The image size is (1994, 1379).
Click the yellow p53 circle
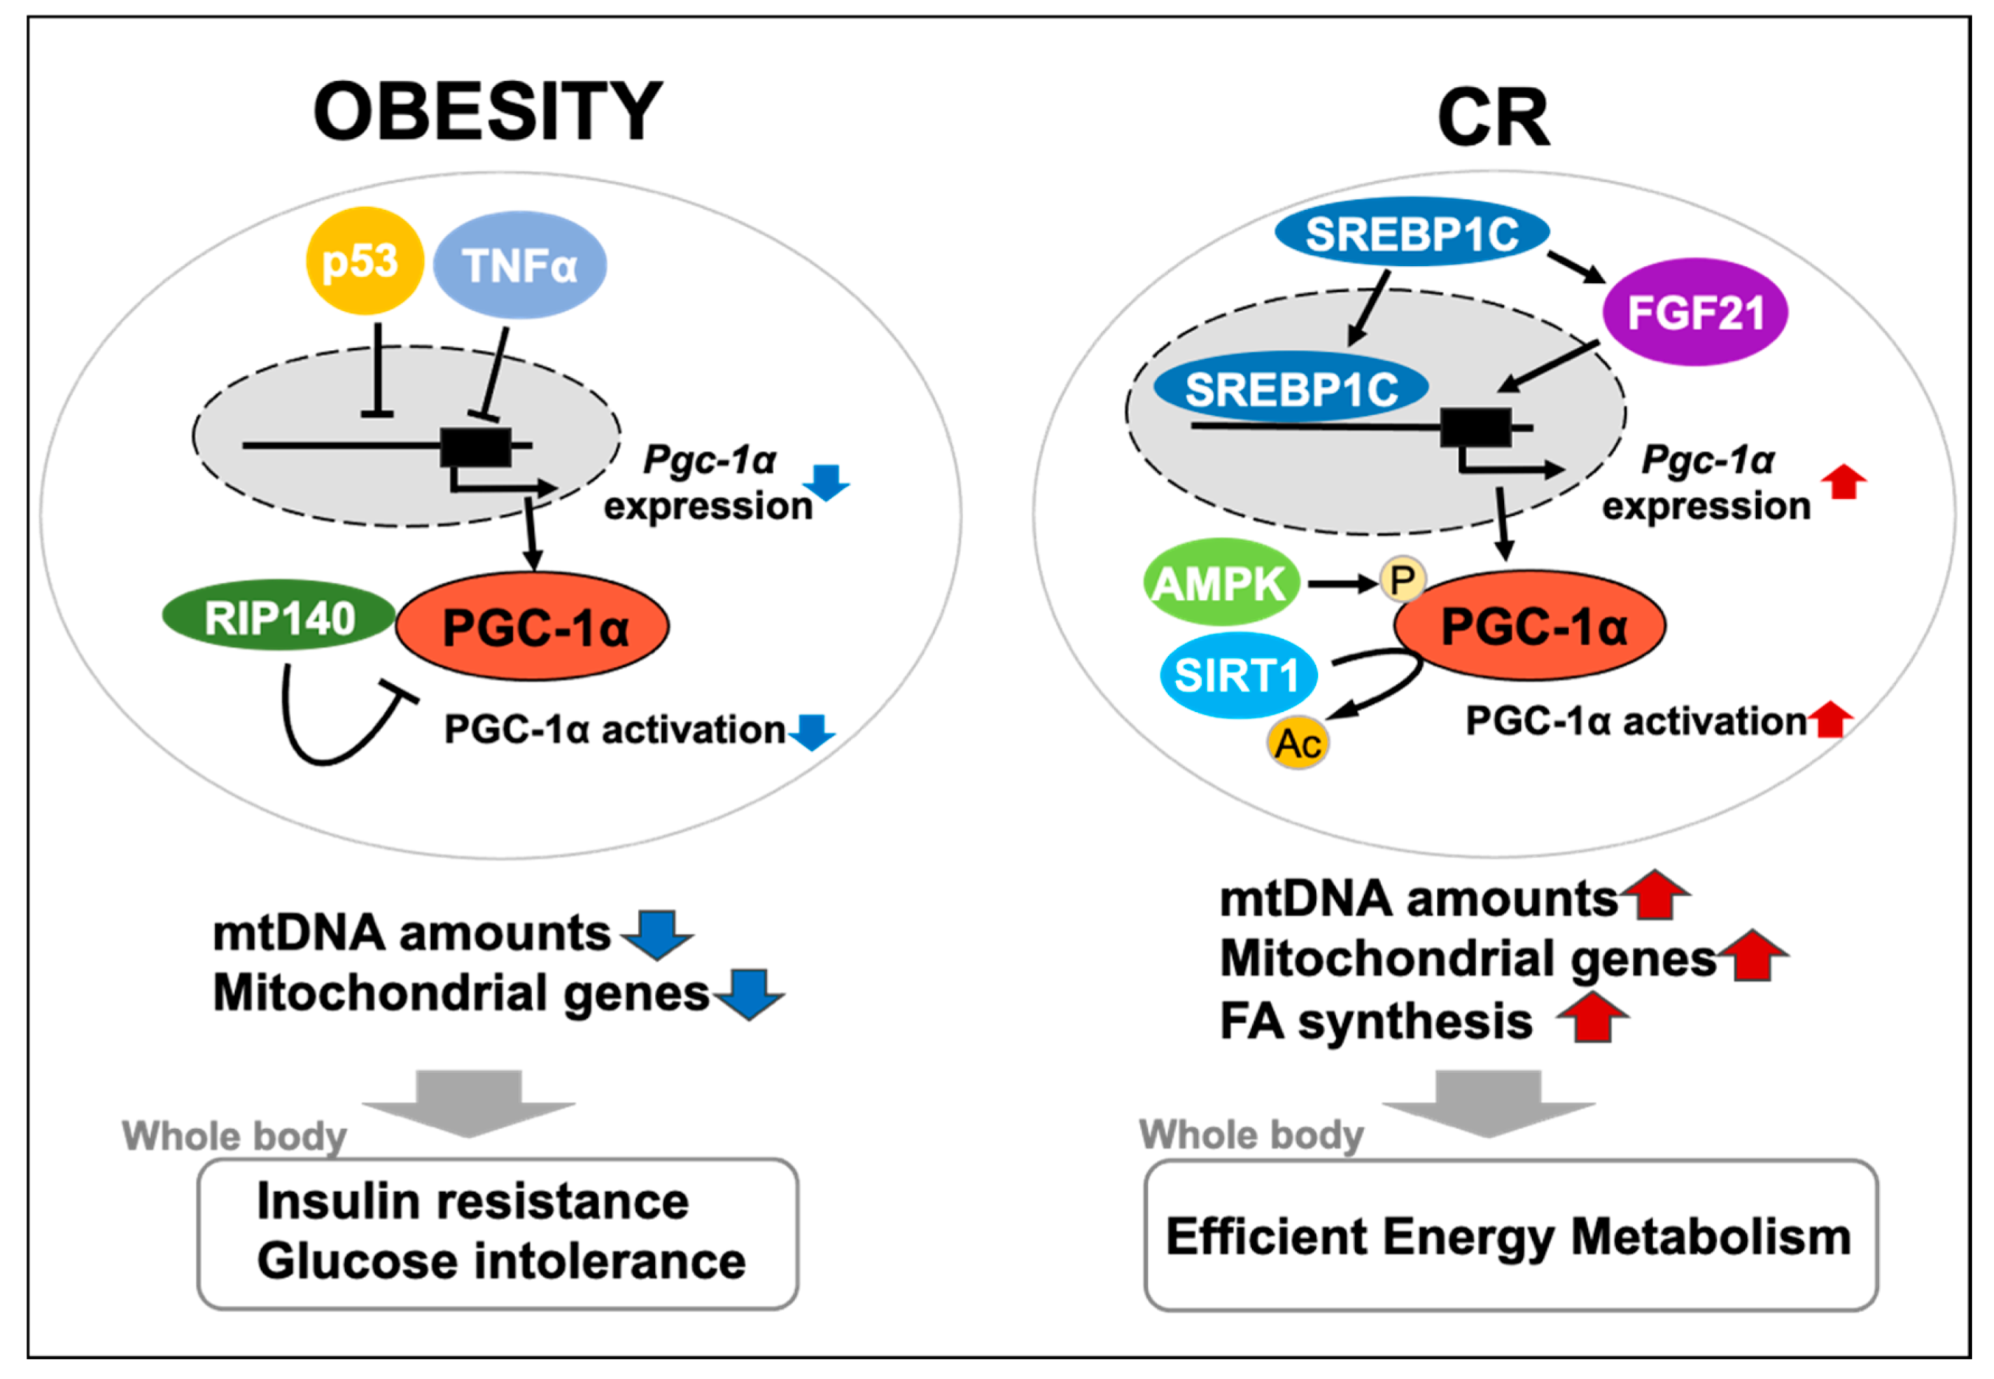tap(365, 260)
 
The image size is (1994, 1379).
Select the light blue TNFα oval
tap(520, 265)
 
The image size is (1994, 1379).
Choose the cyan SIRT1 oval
tap(1238, 675)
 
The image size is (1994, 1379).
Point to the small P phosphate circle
tap(1402, 579)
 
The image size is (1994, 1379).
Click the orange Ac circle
tap(1298, 743)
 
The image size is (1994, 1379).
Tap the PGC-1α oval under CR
tap(1530, 624)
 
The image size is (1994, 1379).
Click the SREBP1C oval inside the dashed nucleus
tap(1291, 388)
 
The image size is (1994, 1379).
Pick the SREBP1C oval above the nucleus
tap(1412, 232)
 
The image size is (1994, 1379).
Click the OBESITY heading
tap(488, 111)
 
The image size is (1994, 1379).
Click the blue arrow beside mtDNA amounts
tap(657, 934)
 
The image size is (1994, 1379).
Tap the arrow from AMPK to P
tap(1342, 584)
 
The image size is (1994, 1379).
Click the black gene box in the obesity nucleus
tap(476, 447)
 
